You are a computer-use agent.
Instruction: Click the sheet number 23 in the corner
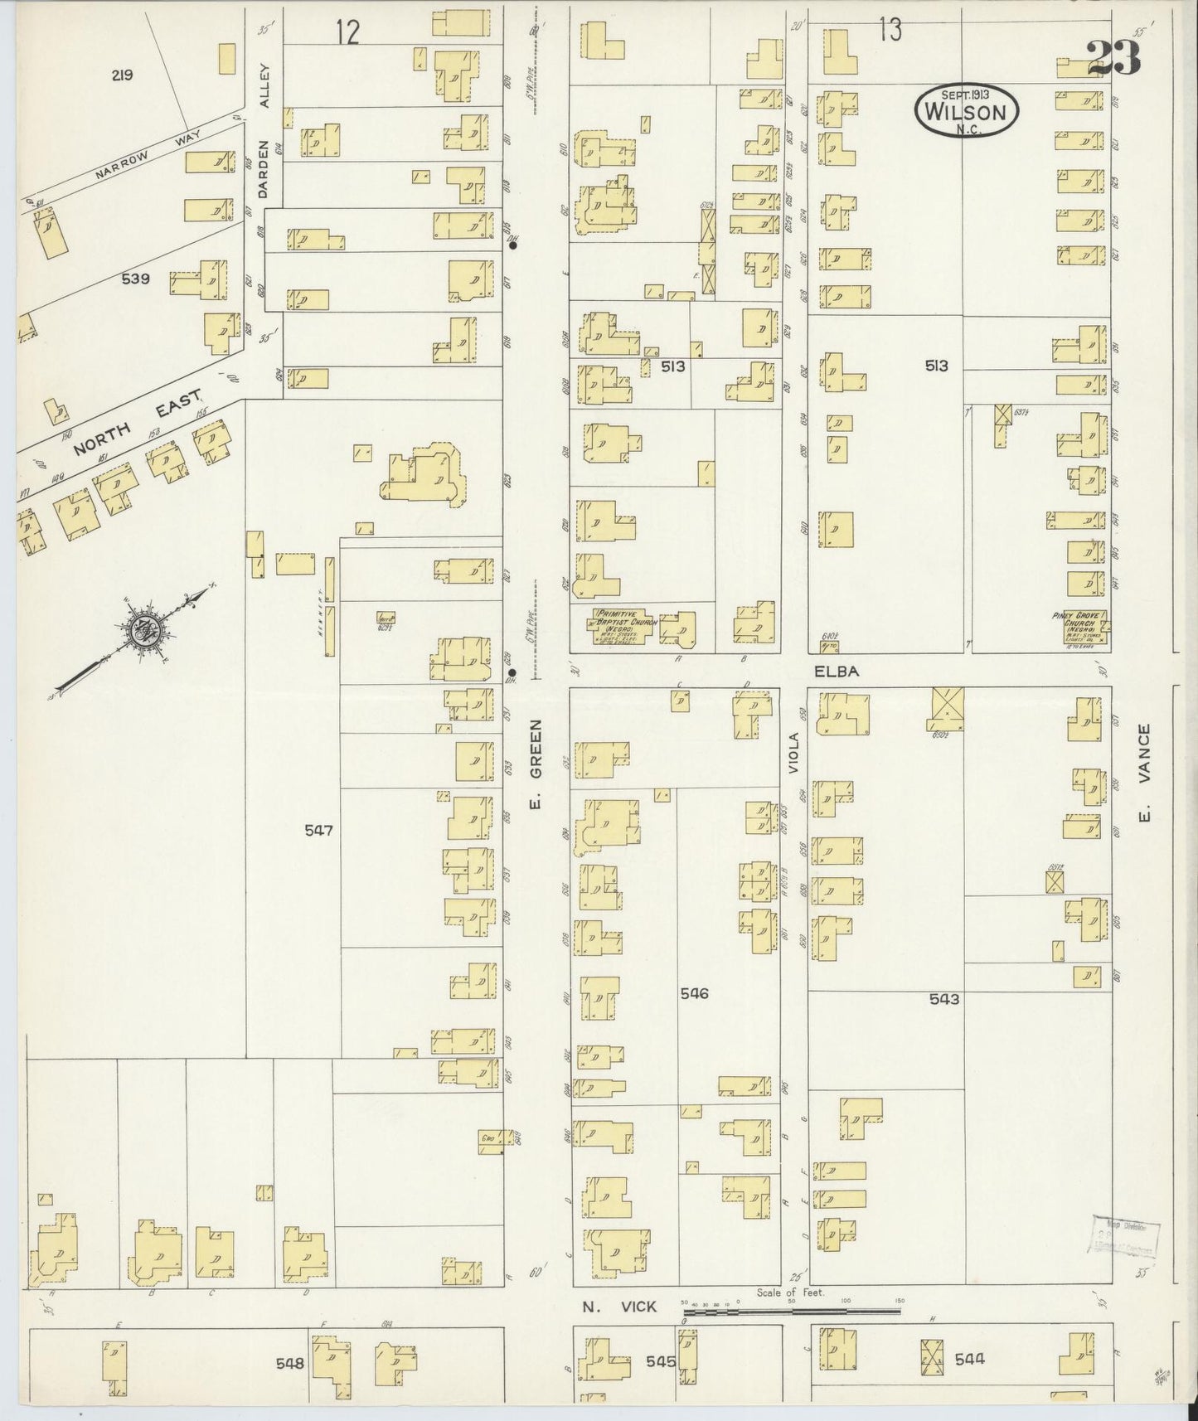(1112, 57)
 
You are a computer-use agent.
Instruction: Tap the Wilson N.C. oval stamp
(966, 109)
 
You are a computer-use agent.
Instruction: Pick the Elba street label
(836, 672)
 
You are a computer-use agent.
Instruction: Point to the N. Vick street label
(618, 1307)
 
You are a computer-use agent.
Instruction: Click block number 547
(318, 829)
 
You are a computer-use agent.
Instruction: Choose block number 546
(694, 992)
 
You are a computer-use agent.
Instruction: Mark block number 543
(943, 999)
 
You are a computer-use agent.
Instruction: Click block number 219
(123, 75)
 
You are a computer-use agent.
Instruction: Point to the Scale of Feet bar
(792, 1312)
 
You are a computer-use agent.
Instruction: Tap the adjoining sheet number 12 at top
(348, 32)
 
